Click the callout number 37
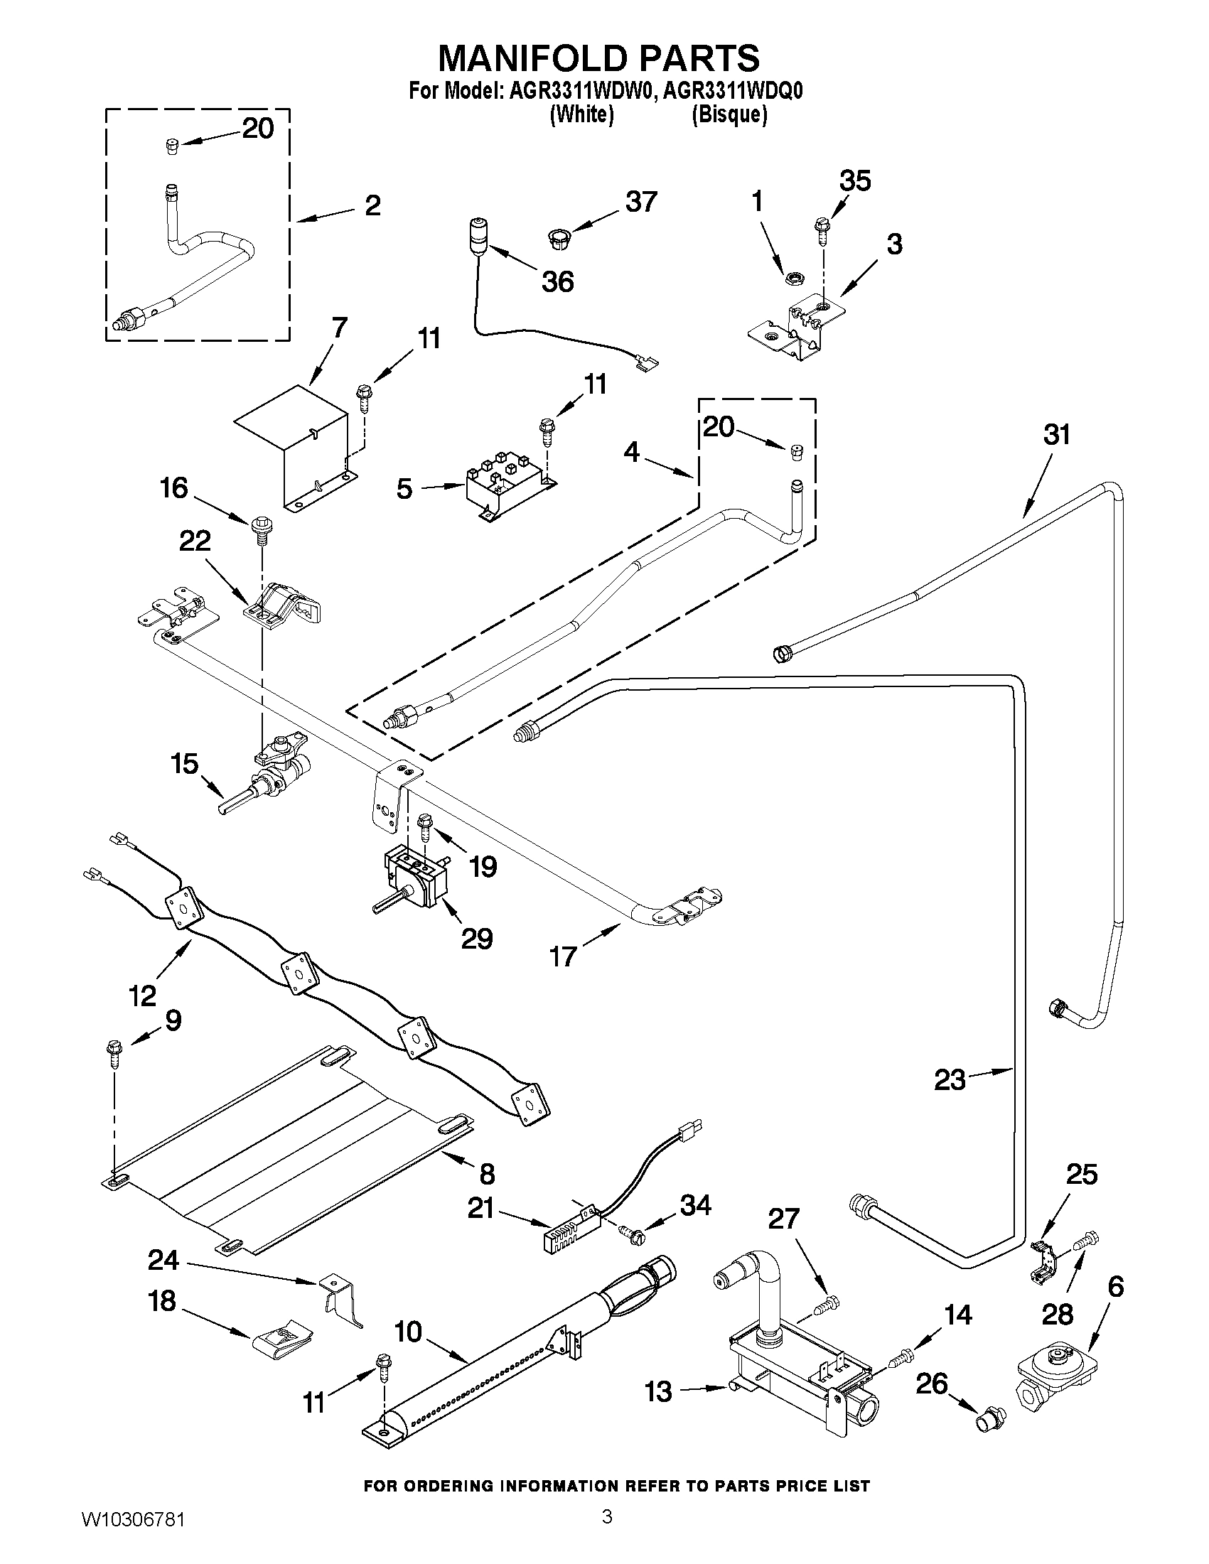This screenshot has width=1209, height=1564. (x=640, y=202)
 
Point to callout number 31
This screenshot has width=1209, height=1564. (x=1057, y=435)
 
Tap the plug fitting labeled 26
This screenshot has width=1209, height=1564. (x=992, y=1416)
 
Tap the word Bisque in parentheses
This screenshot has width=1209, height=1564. (x=729, y=114)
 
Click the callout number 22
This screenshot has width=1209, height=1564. (x=195, y=541)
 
